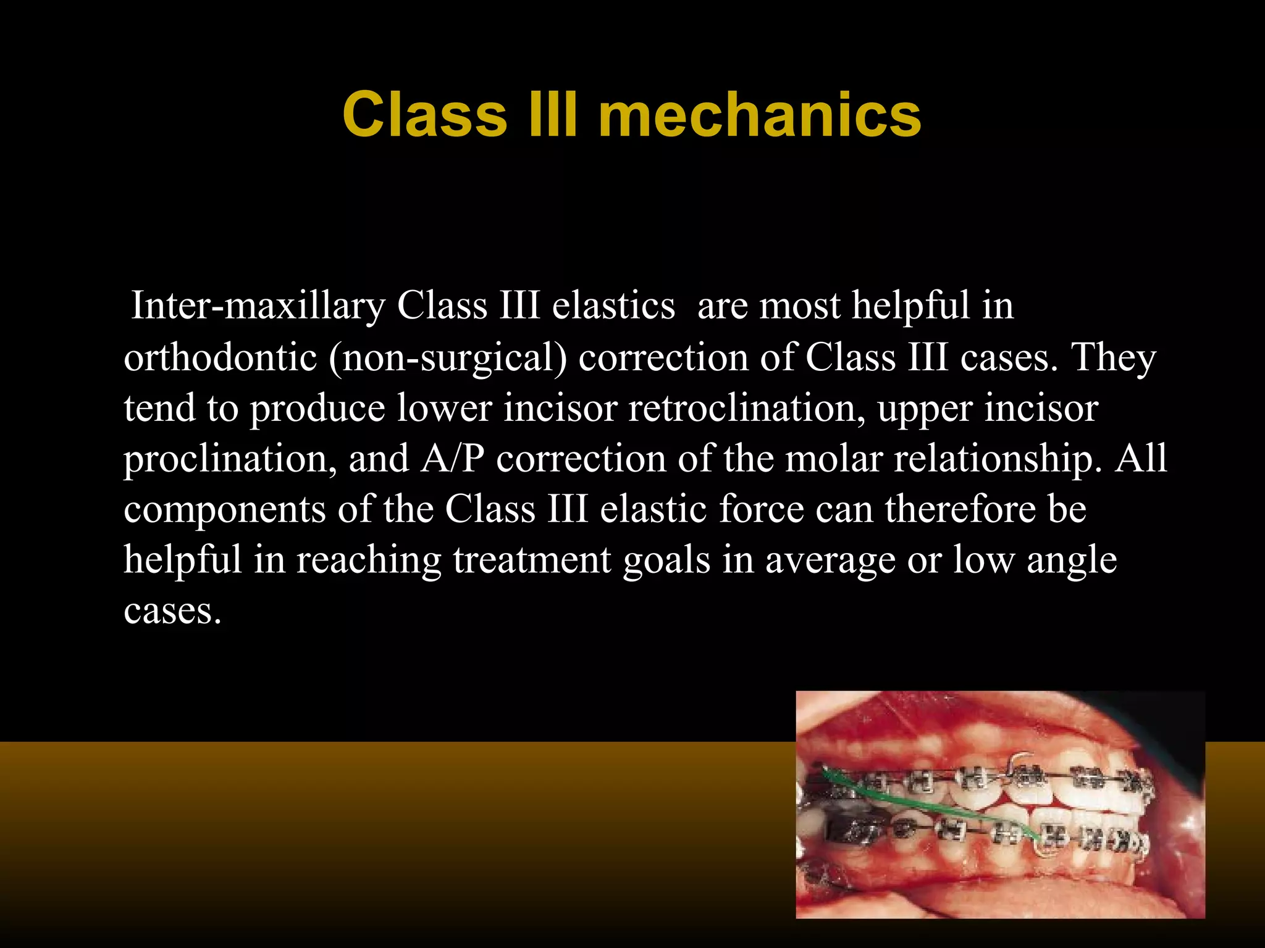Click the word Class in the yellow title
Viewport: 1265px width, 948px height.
tap(425, 115)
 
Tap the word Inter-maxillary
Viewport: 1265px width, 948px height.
tap(258, 306)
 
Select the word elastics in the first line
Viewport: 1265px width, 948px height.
tap(613, 306)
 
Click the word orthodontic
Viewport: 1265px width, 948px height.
tap(221, 357)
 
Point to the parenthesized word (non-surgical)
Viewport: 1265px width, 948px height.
tap(448, 357)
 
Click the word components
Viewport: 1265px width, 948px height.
tap(225, 510)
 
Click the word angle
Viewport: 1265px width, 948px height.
tap(1072, 560)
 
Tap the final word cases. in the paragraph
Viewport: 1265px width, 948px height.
tap(172, 611)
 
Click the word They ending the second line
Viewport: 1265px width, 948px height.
tap(1115, 357)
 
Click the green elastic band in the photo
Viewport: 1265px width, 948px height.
tap(927, 802)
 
